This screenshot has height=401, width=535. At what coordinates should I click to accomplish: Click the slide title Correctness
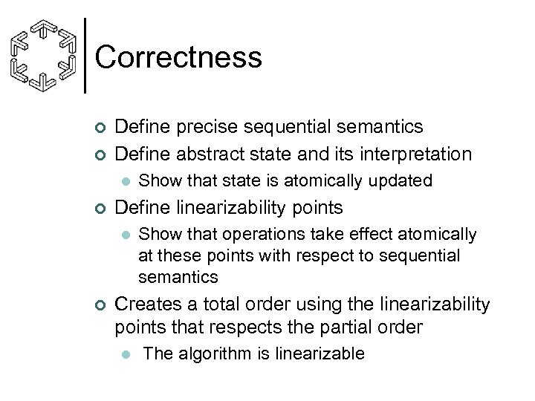coord(178,57)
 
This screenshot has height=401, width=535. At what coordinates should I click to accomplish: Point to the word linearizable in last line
coord(320,353)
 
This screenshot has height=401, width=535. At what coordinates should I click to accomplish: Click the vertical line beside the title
coord(86,55)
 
